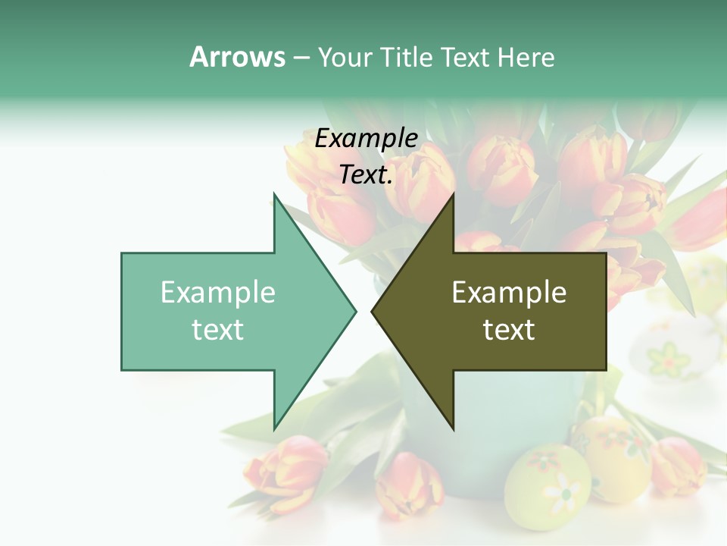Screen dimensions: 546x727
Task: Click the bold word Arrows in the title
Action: coord(237,57)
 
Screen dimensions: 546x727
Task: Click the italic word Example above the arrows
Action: coord(366,139)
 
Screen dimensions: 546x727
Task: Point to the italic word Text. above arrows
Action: coord(366,175)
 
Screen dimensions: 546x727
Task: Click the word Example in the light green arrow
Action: coord(218,293)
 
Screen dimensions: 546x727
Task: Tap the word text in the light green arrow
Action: coord(218,330)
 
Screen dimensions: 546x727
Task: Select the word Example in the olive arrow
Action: coord(509,293)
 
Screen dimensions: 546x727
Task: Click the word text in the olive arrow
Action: coord(509,330)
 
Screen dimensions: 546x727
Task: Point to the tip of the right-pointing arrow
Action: coord(355,310)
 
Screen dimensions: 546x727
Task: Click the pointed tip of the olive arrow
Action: coord(372,310)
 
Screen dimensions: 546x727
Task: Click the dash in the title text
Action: coord(301,58)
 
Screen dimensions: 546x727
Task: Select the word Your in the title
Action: coord(345,58)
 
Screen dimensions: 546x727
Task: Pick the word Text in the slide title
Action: coord(465,58)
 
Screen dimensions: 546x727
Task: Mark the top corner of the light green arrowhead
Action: coord(274,194)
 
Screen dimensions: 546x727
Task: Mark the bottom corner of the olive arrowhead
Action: coord(453,429)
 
